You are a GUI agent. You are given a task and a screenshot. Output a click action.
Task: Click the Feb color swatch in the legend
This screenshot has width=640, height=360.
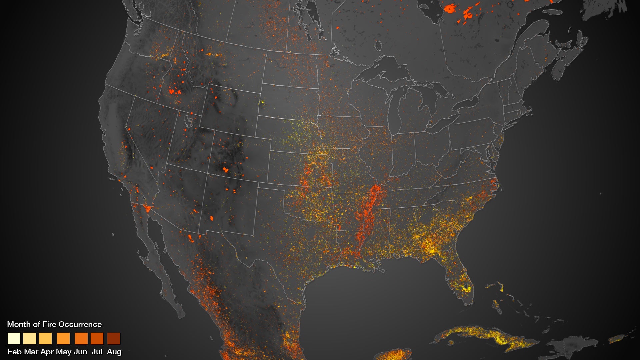point(14,338)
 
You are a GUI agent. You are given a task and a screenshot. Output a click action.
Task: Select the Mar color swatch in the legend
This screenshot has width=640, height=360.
point(30,338)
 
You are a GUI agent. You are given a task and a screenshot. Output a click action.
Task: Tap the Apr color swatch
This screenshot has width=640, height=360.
point(45,338)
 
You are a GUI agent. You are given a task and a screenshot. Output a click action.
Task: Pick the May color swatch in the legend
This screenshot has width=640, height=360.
point(63,338)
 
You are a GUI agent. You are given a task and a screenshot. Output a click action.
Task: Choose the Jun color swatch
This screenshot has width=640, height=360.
point(81,338)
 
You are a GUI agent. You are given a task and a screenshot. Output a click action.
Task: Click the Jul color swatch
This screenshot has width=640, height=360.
point(97,338)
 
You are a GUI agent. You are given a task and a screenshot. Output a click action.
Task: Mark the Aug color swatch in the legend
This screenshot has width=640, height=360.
point(114,338)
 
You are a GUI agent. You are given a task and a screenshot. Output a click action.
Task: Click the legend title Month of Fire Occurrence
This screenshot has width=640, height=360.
point(54,324)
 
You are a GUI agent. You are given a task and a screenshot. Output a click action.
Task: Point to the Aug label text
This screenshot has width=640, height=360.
point(114,352)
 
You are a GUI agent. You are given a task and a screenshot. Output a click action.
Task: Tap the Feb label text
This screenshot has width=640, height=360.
point(15,352)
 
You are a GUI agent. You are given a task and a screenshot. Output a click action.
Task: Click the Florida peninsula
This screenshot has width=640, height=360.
point(462,280)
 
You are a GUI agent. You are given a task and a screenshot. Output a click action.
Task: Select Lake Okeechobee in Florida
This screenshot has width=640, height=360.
point(466,286)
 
